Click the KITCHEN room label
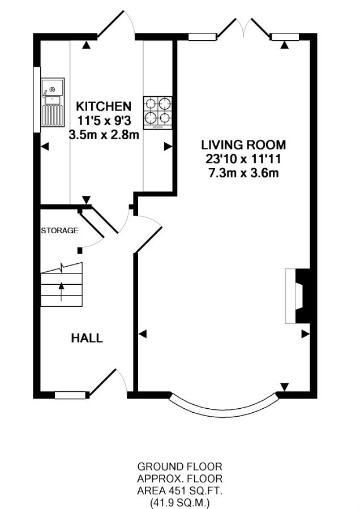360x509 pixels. point(104,106)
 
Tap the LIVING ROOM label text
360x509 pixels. point(244,145)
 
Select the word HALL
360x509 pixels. point(87,338)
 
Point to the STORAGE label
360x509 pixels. point(59,230)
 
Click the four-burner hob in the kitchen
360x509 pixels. point(158,113)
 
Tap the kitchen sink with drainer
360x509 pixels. point(53,102)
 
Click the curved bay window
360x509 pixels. point(224,407)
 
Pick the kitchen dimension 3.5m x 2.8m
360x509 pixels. point(104,134)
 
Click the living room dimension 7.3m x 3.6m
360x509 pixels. point(243,173)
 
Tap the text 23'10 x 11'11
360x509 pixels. point(243,159)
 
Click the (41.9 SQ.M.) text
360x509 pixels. point(180,503)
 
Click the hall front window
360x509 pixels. point(71,395)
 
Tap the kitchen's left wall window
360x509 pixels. point(37,99)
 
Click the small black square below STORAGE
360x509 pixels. point(80,250)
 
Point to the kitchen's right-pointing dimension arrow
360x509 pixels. point(168,147)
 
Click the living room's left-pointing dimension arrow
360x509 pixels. point(143,333)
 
